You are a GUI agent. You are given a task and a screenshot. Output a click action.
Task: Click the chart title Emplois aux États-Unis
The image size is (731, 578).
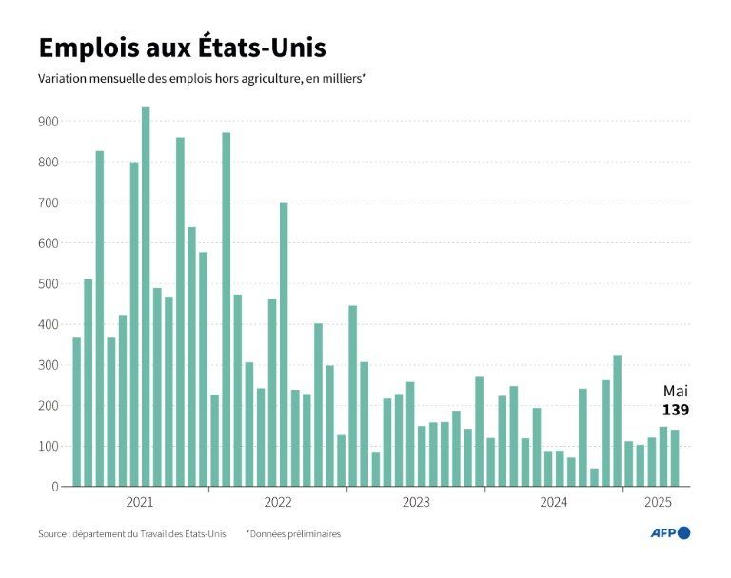click(181, 48)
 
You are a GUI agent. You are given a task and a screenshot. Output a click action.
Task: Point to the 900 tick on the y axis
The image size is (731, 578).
click(48, 122)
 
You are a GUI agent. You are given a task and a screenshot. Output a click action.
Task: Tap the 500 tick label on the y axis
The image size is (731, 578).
click(48, 284)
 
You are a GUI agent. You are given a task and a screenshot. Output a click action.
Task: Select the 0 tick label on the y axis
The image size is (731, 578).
click(55, 487)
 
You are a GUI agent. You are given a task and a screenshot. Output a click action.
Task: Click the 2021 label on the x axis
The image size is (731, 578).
click(140, 501)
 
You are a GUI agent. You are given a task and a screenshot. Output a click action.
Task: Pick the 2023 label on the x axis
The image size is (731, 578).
click(416, 501)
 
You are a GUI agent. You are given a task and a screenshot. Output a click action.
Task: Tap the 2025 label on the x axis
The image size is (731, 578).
click(656, 501)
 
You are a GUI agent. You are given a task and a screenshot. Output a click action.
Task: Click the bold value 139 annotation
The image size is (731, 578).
click(675, 410)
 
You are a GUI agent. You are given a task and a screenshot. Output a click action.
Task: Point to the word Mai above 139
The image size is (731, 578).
click(675, 391)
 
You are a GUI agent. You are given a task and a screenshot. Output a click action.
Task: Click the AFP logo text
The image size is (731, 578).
click(662, 533)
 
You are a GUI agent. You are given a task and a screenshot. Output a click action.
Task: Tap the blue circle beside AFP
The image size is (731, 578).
click(684, 533)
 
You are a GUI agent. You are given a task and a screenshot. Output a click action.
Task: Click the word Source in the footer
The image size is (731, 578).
click(52, 534)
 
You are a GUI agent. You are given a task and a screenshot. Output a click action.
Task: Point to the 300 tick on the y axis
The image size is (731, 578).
click(48, 365)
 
